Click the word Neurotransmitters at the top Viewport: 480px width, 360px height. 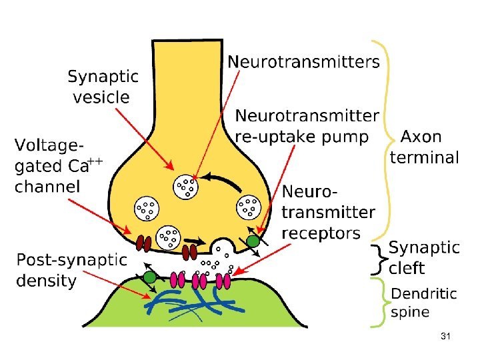pyautogui.click(x=304, y=63)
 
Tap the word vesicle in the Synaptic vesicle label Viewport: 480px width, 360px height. pyautogui.click(x=101, y=97)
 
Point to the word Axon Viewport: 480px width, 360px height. pyautogui.click(x=421, y=137)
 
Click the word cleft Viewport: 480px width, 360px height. pyautogui.click(x=407, y=268)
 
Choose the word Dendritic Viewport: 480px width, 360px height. pyautogui.click(x=424, y=293)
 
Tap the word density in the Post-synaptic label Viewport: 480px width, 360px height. pyautogui.click(x=47, y=281)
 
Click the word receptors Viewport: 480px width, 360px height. pyautogui.click(x=321, y=233)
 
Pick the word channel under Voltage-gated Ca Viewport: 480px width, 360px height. pyautogui.click(x=47, y=186)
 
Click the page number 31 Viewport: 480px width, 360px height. pyautogui.click(x=446, y=337)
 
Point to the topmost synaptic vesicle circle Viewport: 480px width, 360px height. pyautogui.click(x=186, y=187)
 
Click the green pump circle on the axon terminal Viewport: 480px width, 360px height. pyautogui.click(x=252, y=241)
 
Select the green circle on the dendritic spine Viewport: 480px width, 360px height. pyautogui.click(x=150, y=277)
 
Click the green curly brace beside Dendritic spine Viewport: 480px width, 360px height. pyautogui.click(x=380, y=303)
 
